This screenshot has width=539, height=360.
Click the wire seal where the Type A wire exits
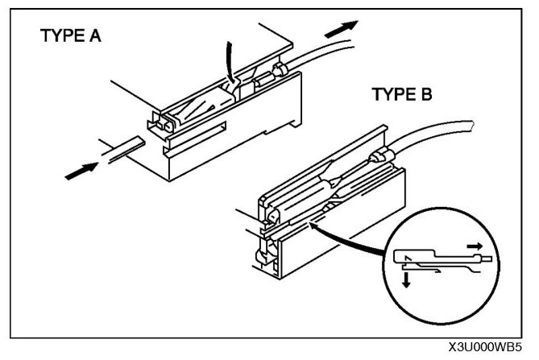point(280,73)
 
